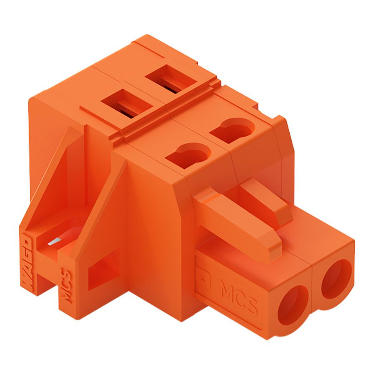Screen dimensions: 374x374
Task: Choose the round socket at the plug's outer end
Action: [336, 278]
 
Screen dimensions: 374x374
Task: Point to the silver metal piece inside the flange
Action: [53, 244]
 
